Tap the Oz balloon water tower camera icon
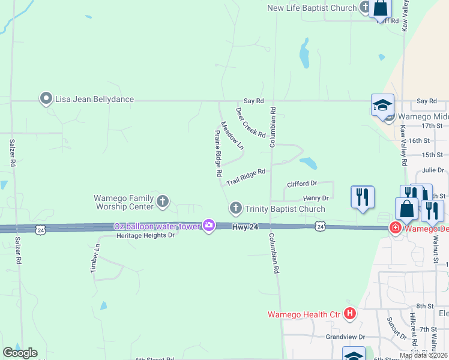point(209,226)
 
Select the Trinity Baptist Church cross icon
point(235,208)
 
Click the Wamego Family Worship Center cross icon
point(163,202)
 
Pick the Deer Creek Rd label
point(250,123)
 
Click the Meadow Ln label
point(232,136)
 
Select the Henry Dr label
point(316,198)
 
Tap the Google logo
point(20,352)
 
